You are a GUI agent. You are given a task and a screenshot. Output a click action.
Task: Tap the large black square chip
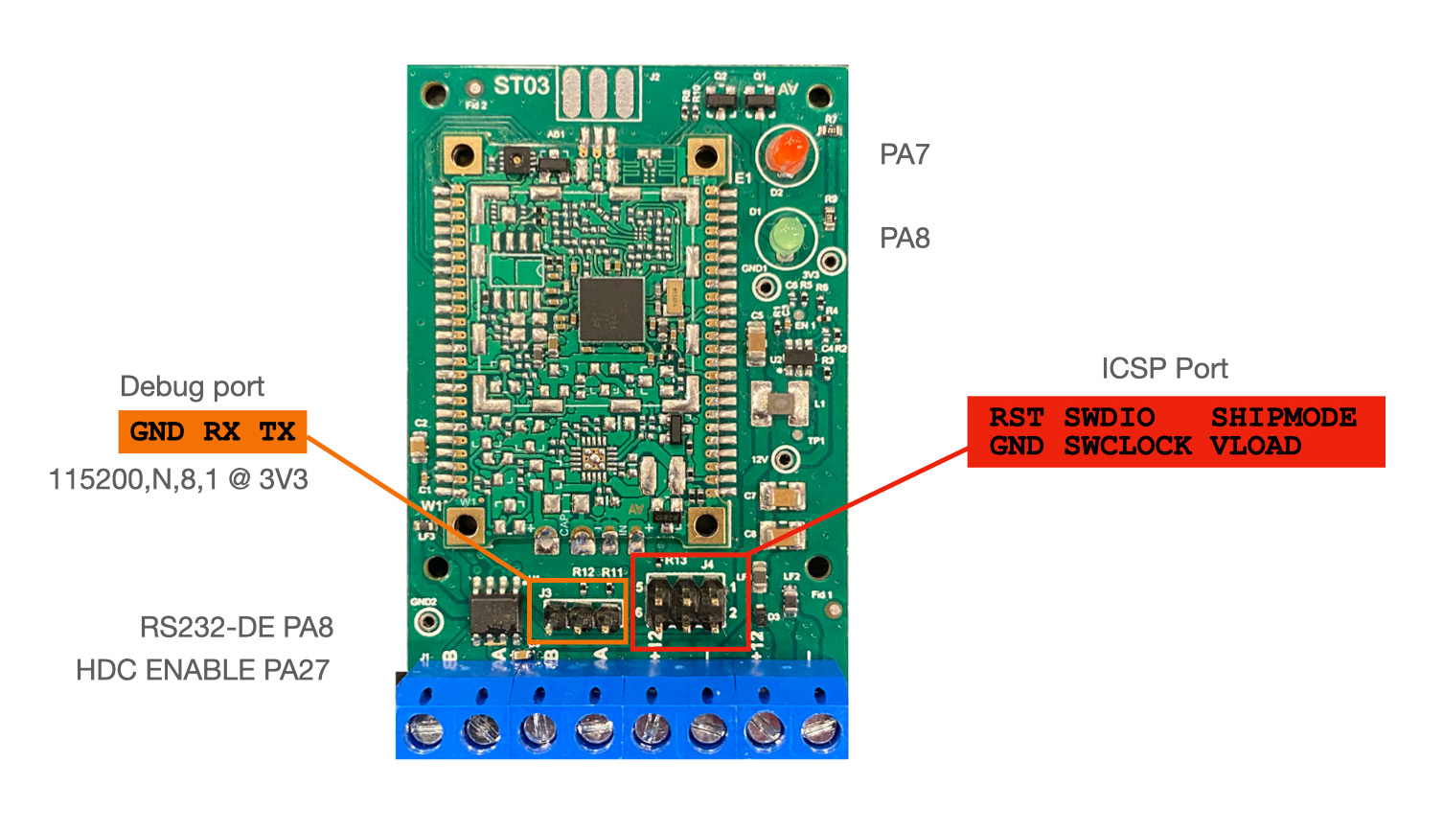[610, 310]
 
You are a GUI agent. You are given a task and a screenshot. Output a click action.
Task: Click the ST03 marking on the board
[521, 86]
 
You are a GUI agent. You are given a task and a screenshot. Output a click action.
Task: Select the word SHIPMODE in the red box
[1283, 418]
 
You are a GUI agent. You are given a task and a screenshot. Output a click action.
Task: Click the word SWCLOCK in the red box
[1128, 446]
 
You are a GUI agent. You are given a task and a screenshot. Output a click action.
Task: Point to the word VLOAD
[1255, 446]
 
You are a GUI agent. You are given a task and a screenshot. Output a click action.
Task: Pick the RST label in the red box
[1017, 418]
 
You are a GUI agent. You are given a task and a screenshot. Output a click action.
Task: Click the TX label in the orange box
[278, 431]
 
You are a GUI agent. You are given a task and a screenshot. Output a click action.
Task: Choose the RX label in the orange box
[221, 431]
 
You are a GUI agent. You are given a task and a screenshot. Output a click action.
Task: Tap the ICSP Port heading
[1164, 369]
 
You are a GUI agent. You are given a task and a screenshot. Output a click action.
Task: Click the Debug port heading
[192, 386]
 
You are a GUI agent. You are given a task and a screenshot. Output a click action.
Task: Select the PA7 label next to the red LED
[905, 154]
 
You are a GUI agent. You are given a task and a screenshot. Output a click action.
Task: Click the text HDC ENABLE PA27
[202, 670]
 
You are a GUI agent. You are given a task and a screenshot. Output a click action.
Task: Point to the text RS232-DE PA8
[237, 628]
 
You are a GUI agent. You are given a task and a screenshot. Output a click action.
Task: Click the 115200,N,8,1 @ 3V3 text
[178, 479]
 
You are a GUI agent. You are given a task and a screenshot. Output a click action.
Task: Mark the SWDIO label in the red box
[1109, 418]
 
